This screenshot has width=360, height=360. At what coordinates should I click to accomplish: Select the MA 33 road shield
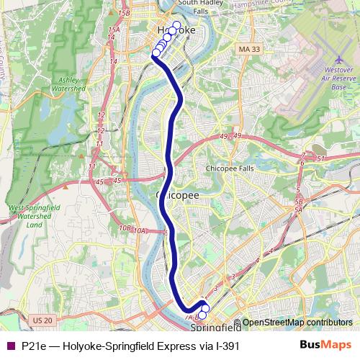point(247,49)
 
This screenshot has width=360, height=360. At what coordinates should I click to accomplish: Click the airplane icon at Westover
point(339,60)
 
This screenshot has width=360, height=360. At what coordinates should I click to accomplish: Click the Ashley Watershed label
point(63,85)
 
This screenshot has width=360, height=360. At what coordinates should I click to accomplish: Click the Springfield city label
point(215,328)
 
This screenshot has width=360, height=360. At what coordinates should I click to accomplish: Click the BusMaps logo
point(326,346)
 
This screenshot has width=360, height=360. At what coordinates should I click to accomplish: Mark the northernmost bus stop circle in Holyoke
point(176,25)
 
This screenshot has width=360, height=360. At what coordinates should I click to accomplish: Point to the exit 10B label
point(124,228)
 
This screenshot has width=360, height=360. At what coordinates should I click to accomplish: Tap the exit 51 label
point(320,158)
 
